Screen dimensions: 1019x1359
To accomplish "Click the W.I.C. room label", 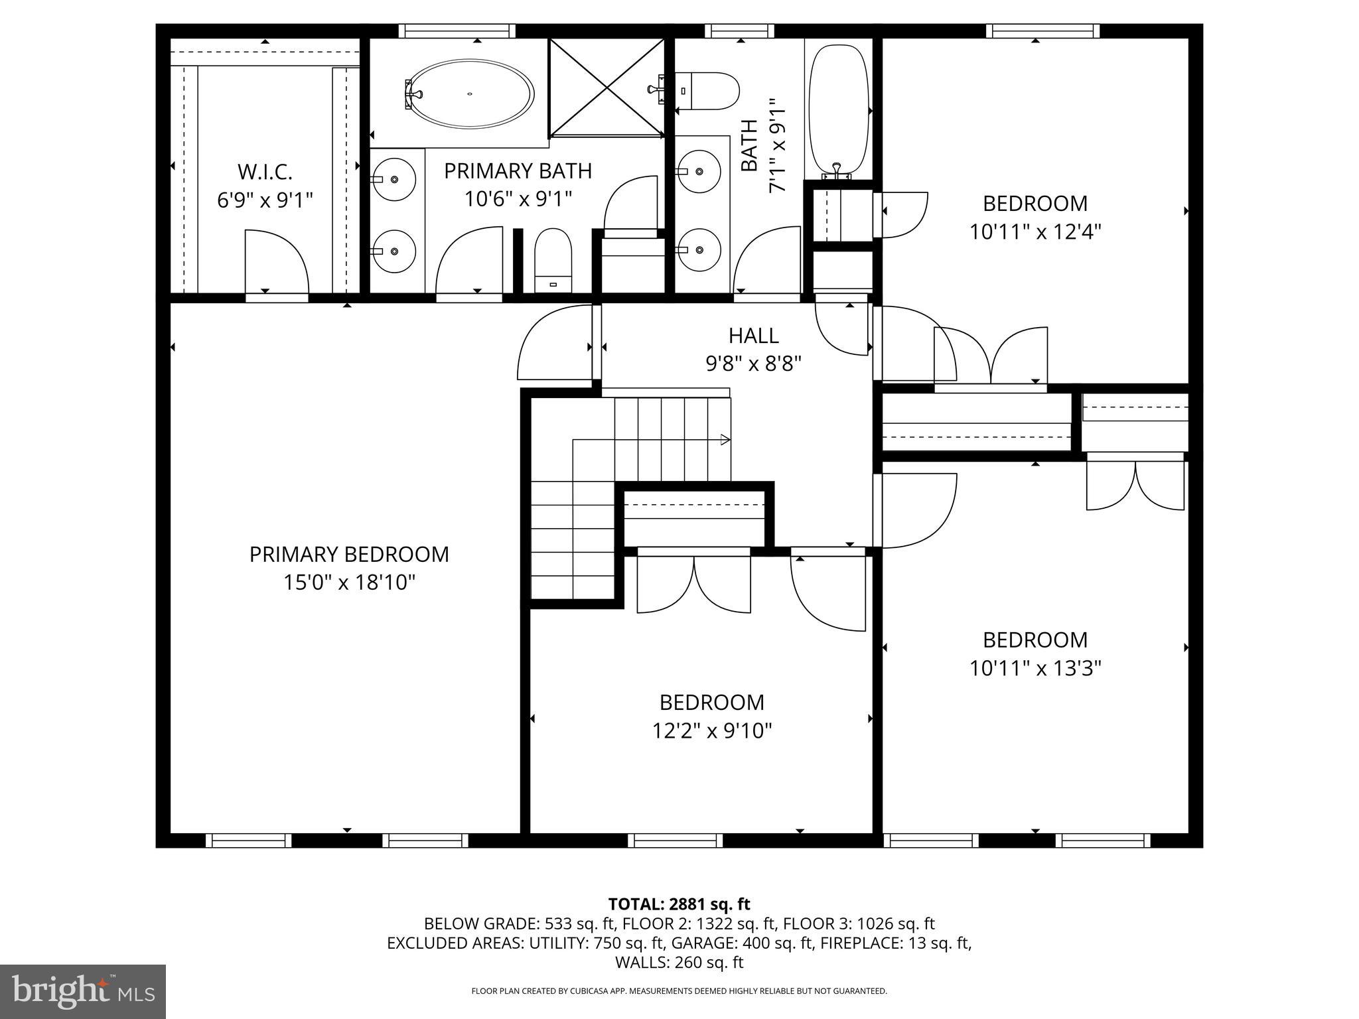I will coord(265,172).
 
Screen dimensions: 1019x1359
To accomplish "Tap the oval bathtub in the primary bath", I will coord(470,94).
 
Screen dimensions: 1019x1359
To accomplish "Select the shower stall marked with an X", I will coord(607,88).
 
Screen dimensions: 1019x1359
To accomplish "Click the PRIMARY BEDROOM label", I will coord(349,555).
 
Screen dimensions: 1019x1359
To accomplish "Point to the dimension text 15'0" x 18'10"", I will coord(349,583).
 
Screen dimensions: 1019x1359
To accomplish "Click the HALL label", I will coord(753,336).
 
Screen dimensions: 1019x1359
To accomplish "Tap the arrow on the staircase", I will coord(725,440).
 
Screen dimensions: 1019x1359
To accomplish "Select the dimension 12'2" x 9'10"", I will coord(711,731).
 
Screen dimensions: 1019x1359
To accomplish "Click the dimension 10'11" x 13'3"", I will coord(1035,668).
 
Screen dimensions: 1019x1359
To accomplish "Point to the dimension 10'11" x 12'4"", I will coord(1035,232).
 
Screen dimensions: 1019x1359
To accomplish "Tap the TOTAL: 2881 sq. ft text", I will coord(679,904).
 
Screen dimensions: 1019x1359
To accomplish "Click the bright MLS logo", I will coord(83,992).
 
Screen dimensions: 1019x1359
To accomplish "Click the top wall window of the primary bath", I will coord(457,31).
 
